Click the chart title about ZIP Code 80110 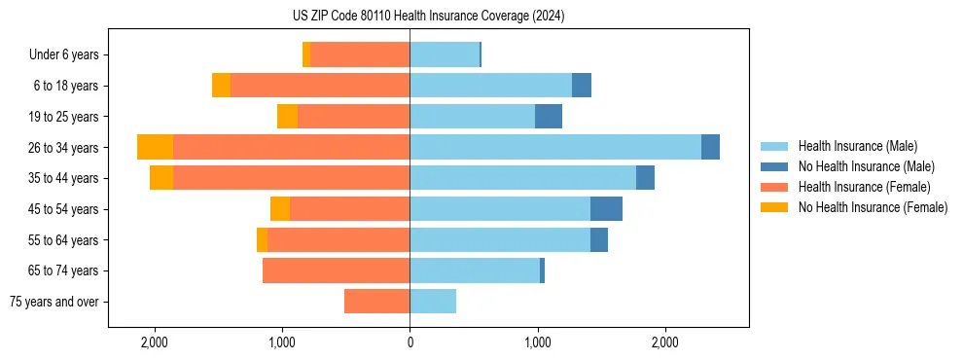pos(428,17)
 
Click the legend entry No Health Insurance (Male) pos(866,166)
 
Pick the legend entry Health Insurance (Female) pos(864,187)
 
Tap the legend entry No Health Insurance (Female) pos(873,207)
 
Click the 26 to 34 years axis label pos(64,148)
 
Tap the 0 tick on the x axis pos(410,342)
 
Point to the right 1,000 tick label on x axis pos(538,342)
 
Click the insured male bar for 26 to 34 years pos(554,147)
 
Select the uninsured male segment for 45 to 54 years pos(606,209)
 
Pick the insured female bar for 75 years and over pos(376,302)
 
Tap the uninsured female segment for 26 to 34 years pos(155,147)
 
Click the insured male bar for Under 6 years pos(445,54)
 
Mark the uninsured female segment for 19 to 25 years pos(287,117)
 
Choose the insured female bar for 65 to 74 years pos(336,270)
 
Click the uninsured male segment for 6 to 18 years pos(582,86)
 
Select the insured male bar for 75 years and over pos(433,302)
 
